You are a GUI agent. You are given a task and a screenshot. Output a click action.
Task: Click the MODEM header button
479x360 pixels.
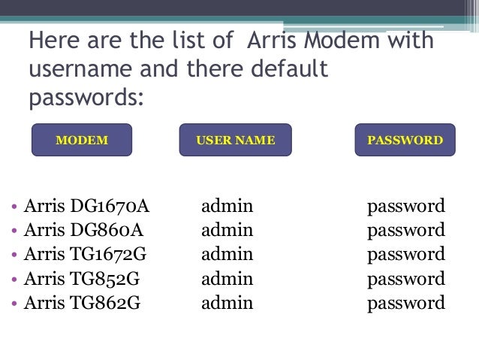tap(82, 140)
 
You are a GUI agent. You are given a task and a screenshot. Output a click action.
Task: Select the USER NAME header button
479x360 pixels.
tap(235, 140)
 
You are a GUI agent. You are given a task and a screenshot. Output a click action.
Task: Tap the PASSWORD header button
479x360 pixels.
tap(405, 140)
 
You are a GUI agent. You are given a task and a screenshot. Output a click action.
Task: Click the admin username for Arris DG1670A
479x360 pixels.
tap(227, 205)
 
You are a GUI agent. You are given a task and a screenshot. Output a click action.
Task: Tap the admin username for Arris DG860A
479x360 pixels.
tap(227, 230)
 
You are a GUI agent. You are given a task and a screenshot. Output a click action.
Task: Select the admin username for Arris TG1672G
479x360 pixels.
tap(227, 255)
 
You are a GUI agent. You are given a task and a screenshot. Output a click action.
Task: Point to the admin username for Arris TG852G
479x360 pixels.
tap(227, 280)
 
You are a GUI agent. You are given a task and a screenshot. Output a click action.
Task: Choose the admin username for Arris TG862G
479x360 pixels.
tap(227, 304)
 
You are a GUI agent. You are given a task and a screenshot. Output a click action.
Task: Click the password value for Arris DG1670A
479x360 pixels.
tap(405, 206)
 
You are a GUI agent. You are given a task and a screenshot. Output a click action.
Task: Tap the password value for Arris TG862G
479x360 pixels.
tap(405, 304)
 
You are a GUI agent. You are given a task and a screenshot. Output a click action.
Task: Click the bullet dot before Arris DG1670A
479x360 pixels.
tap(15, 207)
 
